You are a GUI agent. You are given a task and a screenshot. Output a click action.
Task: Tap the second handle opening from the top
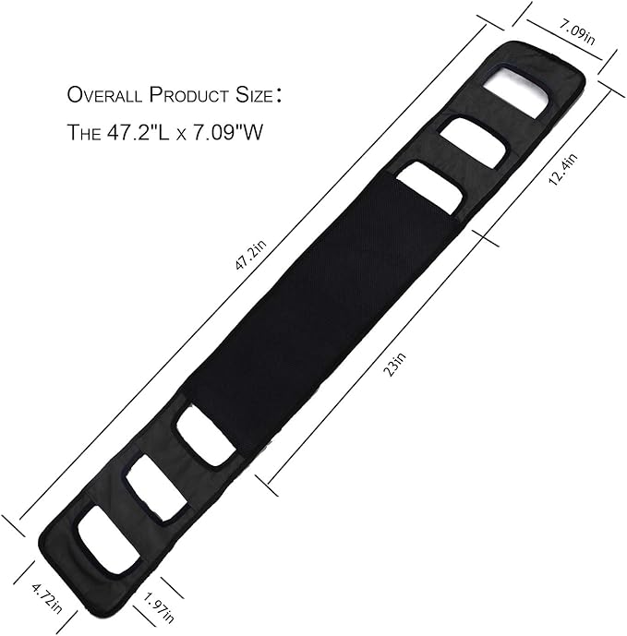pos(473,142)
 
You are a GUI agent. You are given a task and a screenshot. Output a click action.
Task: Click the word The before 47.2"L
pos(90,132)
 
